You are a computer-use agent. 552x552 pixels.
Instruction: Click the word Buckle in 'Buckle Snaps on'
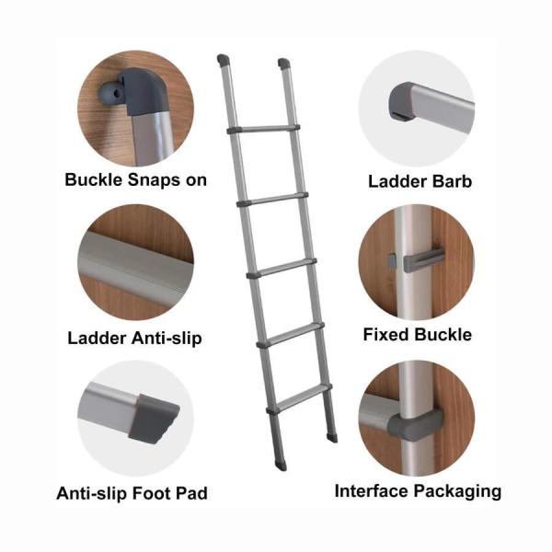(x=93, y=180)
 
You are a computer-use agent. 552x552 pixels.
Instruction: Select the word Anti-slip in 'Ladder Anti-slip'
(x=167, y=339)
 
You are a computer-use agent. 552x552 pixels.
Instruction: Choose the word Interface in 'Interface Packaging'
(x=372, y=490)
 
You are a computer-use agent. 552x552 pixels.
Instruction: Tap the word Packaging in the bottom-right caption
(x=457, y=492)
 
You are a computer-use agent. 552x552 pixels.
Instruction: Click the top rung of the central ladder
(x=264, y=129)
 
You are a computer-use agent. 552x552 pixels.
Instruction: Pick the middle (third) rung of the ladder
(x=282, y=268)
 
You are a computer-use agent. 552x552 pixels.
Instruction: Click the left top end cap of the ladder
(x=223, y=61)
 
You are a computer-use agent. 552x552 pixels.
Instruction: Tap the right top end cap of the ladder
(x=283, y=63)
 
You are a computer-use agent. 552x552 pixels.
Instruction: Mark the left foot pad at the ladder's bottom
(x=281, y=465)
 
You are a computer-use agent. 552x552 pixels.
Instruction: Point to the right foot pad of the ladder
(x=332, y=438)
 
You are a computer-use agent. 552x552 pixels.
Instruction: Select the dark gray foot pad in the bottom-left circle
(x=154, y=418)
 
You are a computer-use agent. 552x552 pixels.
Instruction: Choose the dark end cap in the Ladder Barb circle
(x=401, y=101)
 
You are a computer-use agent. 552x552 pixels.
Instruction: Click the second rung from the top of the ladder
(x=272, y=200)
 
